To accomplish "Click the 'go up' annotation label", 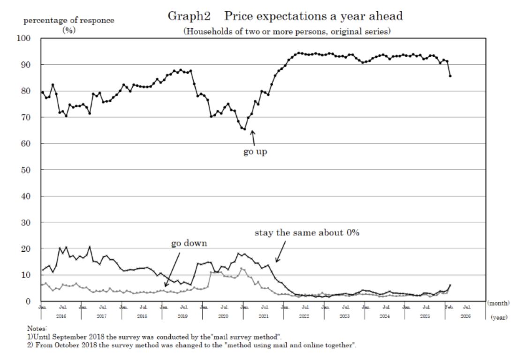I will tap(255, 152).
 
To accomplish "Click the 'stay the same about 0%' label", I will tap(307, 232).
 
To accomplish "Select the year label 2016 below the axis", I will tap(61, 316).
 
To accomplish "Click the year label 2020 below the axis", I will tap(223, 316).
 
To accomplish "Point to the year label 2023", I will tap(344, 316).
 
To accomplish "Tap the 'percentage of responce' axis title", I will tap(68, 21).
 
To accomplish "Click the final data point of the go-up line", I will tap(450, 76).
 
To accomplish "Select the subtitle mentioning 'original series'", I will tap(287, 31).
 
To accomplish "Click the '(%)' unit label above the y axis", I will tap(68, 30).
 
